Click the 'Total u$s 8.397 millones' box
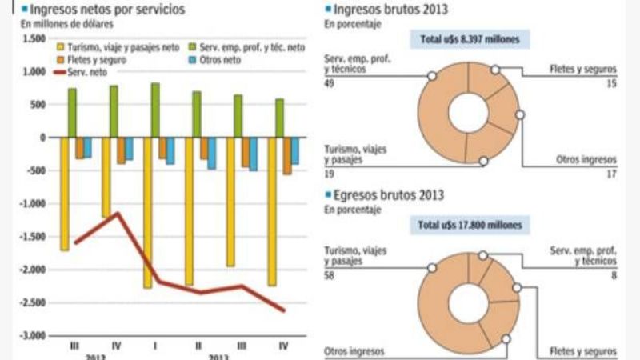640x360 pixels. click(x=469, y=39)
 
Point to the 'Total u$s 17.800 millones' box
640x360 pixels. click(x=469, y=226)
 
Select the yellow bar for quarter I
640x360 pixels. click(x=148, y=212)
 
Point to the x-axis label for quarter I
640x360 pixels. click(x=156, y=346)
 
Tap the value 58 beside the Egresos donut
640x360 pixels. click(x=329, y=276)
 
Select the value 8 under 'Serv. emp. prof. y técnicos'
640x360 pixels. click(x=613, y=276)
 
